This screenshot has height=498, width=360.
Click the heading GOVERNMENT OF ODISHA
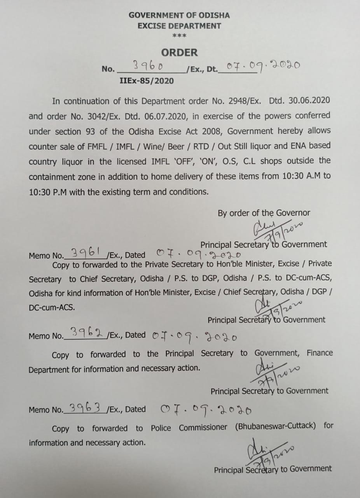point(179,16)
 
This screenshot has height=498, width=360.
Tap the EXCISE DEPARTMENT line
point(179,26)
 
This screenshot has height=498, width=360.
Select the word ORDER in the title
point(180,53)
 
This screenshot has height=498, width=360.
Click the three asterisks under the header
point(179,36)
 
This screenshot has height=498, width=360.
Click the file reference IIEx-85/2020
point(147,81)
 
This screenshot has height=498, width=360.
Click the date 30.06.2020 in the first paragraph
point(309,100)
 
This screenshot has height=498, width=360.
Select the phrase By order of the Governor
point(264,213)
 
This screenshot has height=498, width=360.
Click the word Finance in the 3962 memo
point(320,353)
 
